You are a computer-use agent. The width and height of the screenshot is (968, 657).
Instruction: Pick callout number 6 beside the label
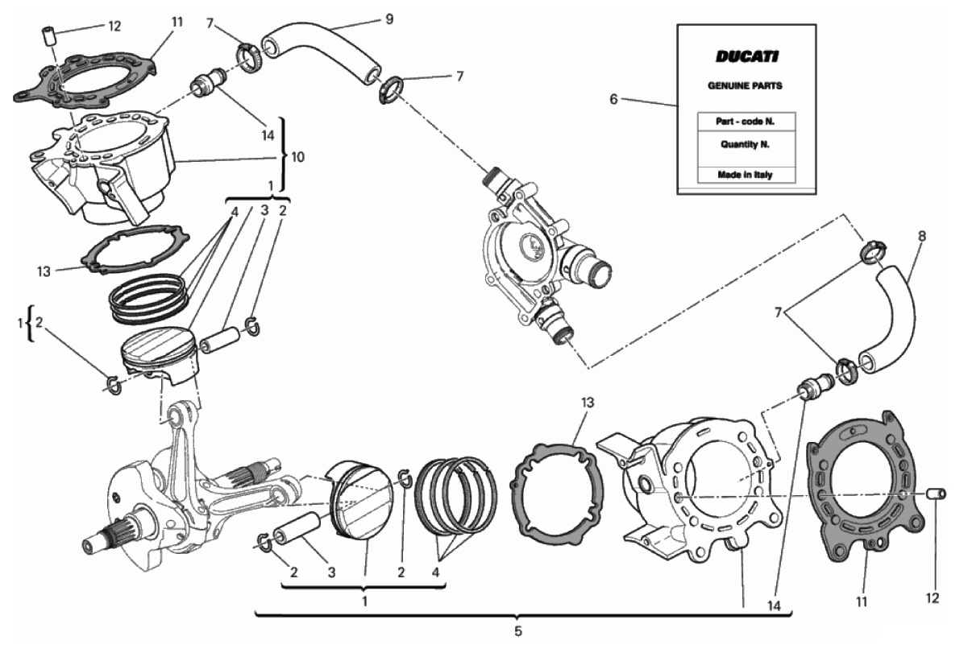pyautogui.click(x=613, y=99)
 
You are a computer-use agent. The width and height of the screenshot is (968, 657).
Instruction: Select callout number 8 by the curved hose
pyautogui.click(x=921, y=237)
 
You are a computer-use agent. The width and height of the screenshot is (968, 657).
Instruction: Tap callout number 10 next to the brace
pyautogui.click(x=297, y=157)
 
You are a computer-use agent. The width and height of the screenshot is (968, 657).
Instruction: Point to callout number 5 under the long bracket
pyautogui.click(x=517, y=630)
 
